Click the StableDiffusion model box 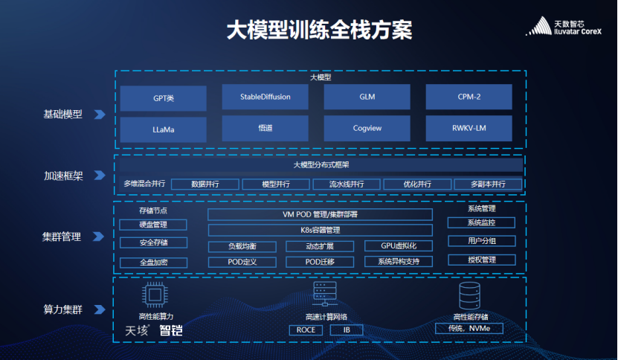265,97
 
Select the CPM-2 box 469,97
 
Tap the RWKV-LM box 469,128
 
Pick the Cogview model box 367,128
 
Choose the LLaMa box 163,129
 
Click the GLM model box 367,97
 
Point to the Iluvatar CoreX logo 564,27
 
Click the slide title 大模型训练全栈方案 320,30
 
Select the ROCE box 306,330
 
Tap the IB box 347,330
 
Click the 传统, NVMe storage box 469,329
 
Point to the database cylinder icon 469,296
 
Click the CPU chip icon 155,295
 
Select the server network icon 325,294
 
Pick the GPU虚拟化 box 399,245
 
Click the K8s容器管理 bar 320,230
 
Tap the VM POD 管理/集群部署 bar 320,214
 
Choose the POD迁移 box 320,262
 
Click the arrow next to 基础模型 100,115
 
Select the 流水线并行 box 347,184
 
